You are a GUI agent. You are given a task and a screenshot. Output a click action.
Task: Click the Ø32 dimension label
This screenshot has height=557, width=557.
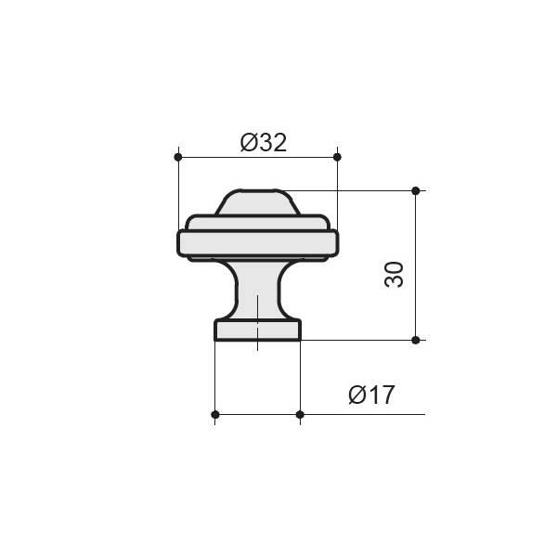coord(264,143)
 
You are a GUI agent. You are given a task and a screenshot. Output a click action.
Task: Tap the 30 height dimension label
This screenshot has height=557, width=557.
coord(394,275)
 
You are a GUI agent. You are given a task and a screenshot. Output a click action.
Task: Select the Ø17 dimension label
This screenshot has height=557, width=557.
coord(371,395)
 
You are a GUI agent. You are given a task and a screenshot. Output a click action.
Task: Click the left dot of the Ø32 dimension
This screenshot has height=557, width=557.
coord(178,157)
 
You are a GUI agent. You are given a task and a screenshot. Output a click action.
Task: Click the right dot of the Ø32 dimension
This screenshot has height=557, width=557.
coord(337,157)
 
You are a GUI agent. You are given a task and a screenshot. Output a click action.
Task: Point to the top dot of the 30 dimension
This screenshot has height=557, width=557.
coord(416,190)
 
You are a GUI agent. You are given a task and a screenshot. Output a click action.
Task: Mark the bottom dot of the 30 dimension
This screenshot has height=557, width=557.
coord(416,341)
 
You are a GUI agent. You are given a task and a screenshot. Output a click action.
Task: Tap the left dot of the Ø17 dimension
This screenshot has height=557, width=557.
coord(215,415)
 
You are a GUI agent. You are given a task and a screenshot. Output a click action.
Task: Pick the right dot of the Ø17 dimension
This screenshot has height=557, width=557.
coord(300,415)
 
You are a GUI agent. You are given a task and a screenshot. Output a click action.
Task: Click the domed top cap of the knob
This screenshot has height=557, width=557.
coord(257,202)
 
